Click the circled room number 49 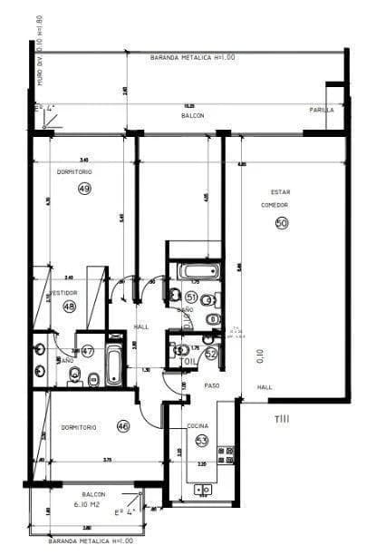(84, 189)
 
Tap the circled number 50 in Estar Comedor (281, 221)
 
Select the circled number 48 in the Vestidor (69, 307)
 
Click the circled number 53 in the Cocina (201, 440)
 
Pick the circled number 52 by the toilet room (211, 354)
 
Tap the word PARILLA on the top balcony (322, 110)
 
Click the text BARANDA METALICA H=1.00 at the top (192, 57)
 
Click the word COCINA (198, 425)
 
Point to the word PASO (211, 385)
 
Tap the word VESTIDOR (63, 293)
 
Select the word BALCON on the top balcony (192, 116)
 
